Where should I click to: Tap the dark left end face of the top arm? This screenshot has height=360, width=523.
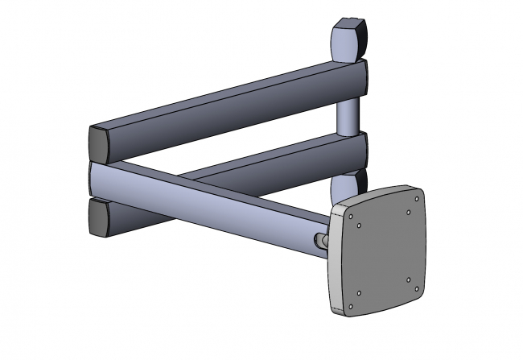tap(97, 143)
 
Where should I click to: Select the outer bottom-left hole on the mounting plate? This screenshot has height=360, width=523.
tap(352, 306)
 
